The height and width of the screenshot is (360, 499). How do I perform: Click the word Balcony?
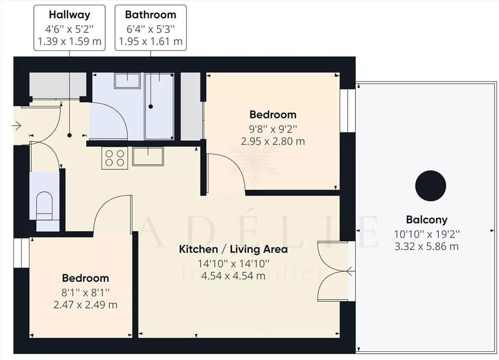[426, 220]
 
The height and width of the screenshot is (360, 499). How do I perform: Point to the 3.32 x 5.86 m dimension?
[426, 246]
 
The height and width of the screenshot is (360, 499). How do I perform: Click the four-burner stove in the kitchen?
[115, 157]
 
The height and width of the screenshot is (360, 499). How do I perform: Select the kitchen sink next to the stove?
[148, 156]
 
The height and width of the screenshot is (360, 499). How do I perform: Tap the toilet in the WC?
[45, 206]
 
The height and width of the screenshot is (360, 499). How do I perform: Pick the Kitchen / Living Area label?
[233, 249]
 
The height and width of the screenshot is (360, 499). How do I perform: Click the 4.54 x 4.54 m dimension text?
[233, 276]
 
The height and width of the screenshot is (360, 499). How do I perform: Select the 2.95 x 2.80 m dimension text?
[273, 141]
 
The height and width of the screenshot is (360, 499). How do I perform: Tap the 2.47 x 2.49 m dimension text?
[85, 304]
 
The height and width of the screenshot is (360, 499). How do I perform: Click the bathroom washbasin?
[127, 81]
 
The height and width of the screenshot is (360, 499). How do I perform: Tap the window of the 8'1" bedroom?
[21, 253]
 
